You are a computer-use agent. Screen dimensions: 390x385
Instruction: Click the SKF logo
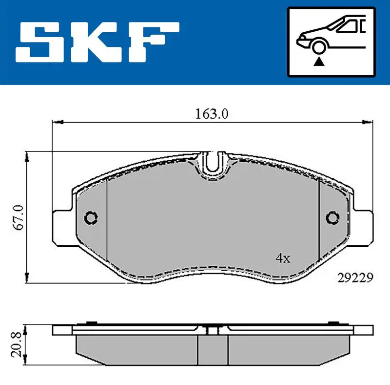coord(97,42)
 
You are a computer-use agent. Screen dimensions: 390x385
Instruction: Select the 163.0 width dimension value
coord(212,114)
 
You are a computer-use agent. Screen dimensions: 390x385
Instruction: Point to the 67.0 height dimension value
coord(19,217)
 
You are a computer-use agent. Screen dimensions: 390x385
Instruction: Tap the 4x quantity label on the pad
coord(283,258)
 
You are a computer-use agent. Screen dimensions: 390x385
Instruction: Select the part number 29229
coord(355,278)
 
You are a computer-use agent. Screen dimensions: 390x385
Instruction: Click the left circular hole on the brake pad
coord(91,218)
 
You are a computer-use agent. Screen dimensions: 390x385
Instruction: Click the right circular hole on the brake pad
coord(332,218)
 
